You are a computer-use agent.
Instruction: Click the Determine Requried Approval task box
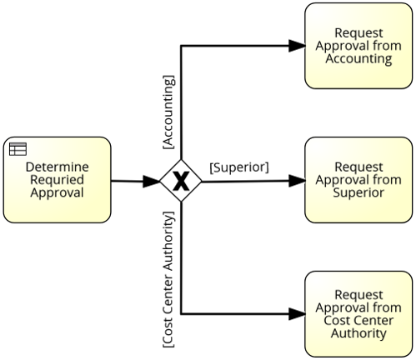point(57,180)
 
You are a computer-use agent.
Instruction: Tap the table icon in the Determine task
point(18,149)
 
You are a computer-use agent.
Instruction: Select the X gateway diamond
point(181,181)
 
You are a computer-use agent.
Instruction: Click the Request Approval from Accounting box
point(358,46)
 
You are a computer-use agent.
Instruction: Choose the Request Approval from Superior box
point(358,180)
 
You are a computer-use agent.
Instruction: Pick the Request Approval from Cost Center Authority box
point(358,314)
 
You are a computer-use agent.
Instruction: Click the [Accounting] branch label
point(169,112)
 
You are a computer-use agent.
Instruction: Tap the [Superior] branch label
point(239,167)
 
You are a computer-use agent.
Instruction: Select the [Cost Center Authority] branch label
point(169,279)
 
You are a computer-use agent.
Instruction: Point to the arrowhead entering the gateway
point(152,182)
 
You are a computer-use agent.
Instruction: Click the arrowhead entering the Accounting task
point(297,46)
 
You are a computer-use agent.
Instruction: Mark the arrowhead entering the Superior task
point(297,181)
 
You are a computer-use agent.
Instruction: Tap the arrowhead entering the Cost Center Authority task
point(297,314)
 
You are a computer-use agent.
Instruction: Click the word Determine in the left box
point(58,167)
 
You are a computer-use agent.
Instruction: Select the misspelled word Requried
point(57,180)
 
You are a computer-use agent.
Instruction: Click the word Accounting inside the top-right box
point(358,59)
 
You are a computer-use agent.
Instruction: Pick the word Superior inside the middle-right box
point(358,192)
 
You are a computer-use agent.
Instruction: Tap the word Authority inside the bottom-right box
point(358,333)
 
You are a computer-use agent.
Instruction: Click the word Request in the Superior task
point(358,167)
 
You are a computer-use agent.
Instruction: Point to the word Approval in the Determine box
point(57,192)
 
